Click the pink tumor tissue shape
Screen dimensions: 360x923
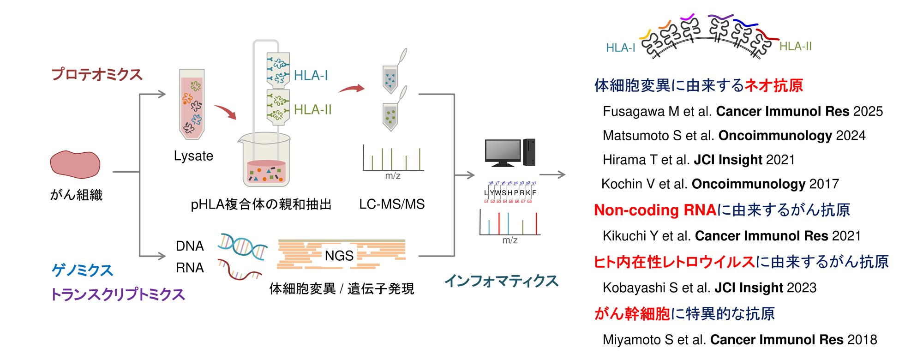tap(75, 165)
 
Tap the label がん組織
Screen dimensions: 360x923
tap(77, 195)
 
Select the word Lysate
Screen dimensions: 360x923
tap(193, 156)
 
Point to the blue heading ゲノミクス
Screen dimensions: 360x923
tap(82, 270)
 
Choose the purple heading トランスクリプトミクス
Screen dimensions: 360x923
tap(118, 294)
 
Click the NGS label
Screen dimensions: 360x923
tap(339, 256)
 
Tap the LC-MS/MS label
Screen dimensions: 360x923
tap(392, 204)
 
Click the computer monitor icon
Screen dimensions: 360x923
tap(503, 152)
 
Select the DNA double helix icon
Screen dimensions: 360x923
tap(242, 246)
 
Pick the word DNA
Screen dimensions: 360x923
tap(190, 246)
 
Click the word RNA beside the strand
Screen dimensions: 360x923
tap(190, 268)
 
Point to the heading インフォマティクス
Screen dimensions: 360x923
tap(501, 281)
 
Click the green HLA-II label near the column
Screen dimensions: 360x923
tap(313, 110)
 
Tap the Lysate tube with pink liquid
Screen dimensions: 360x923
tap(192, 104)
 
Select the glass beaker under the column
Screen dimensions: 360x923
tap(264, 160)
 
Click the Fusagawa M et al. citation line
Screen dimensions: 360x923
tap(743, 111)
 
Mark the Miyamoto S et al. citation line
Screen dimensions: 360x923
tap(740, 340)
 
